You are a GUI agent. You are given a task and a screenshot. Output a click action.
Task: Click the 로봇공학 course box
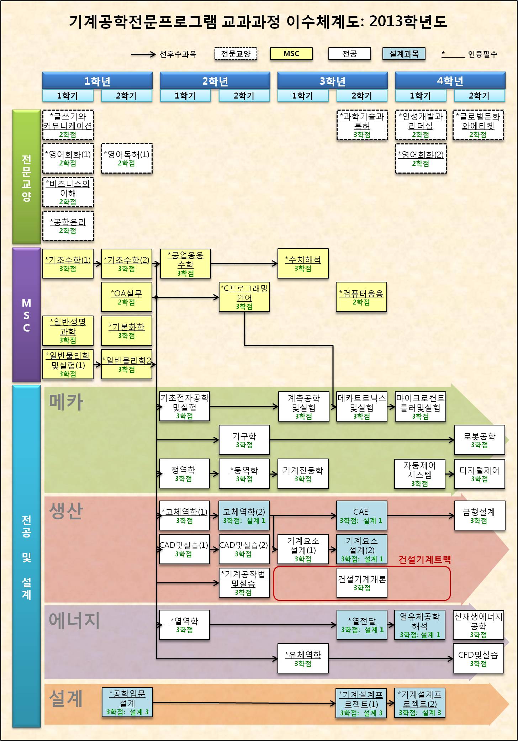479,440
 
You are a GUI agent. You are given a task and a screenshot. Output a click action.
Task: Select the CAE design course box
361,515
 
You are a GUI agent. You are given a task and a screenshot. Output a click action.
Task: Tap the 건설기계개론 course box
362,583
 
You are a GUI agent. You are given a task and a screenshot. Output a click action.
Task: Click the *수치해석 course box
303,264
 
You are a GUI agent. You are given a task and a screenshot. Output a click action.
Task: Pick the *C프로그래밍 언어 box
244,297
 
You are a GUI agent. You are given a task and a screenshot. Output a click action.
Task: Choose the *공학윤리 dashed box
68,226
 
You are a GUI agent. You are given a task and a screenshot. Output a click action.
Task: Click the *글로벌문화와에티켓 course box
478,125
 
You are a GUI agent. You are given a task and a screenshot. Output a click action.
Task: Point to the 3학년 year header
332,81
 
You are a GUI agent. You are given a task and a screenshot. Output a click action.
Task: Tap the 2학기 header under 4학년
479,96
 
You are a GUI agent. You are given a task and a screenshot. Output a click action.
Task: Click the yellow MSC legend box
291,54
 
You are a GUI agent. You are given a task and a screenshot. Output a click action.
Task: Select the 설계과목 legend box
404,54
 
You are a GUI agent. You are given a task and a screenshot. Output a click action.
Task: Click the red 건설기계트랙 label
424,560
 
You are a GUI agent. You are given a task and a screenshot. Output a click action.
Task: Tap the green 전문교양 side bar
26,177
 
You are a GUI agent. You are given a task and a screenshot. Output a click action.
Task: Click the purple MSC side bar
26,315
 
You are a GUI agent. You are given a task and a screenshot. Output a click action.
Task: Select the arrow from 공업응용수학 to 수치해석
244,264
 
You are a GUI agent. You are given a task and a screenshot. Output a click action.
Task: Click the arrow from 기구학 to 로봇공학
361,440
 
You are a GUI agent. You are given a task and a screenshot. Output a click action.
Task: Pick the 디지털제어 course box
479,474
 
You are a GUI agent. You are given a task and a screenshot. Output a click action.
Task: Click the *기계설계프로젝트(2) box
420,703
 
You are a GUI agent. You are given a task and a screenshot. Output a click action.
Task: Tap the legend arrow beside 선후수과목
143,54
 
